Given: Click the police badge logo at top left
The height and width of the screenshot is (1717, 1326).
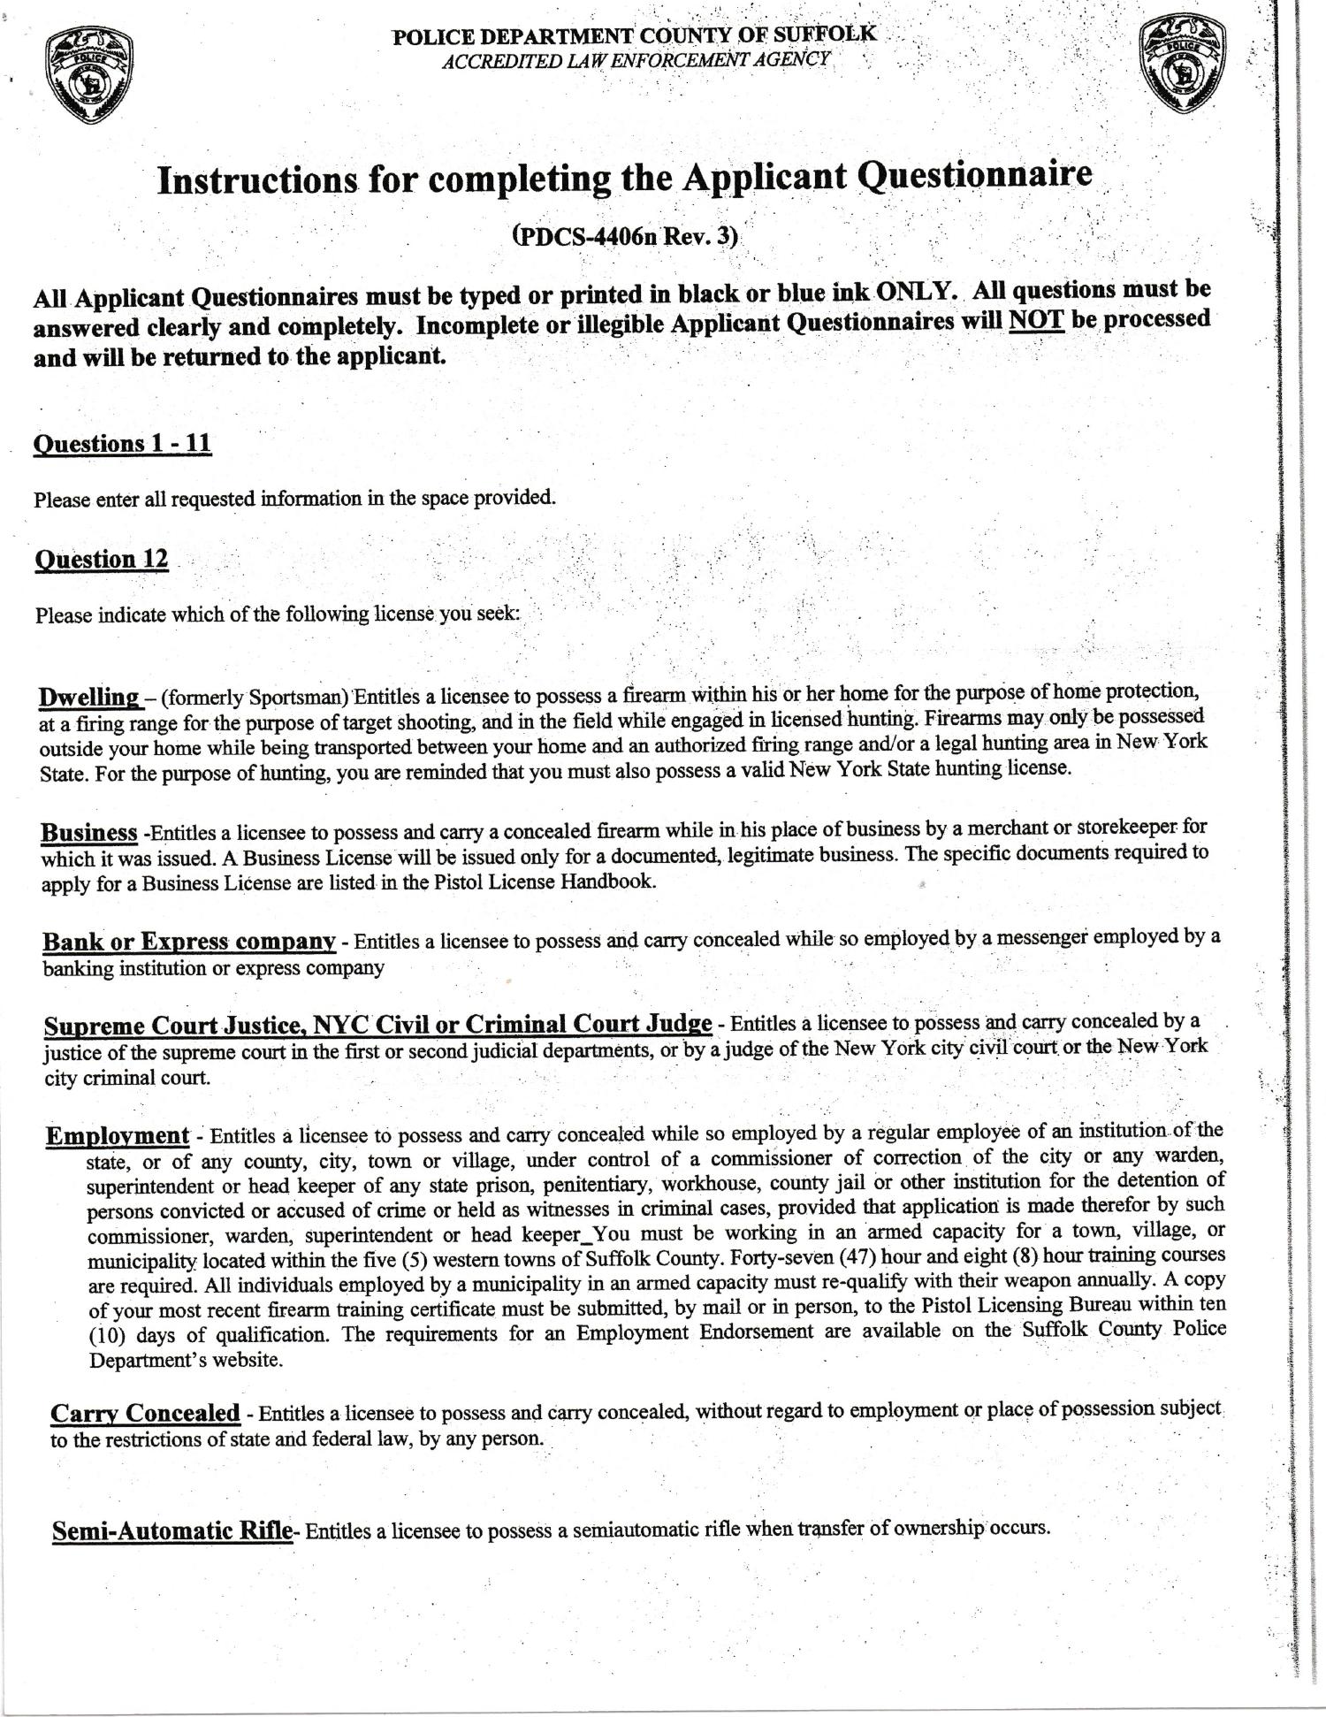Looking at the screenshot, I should tap(88, 78).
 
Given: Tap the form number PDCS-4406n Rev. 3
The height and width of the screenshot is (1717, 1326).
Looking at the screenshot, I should tap(625, 237).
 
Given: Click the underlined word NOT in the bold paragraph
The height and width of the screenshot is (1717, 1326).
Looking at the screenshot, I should tap(1035, 320).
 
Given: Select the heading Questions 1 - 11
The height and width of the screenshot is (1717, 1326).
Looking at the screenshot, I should tap(122, 443).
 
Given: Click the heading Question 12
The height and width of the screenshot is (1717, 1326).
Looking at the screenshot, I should tap(101, 560).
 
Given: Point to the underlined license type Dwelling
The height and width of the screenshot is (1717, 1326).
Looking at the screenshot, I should tap(90, 697).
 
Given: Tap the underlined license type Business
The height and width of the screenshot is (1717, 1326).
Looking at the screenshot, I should tap(88, 833).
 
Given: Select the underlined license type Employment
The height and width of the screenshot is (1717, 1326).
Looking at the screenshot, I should tap(117, 1135).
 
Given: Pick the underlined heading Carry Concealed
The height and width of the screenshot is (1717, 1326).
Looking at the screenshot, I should tap(144, 1413).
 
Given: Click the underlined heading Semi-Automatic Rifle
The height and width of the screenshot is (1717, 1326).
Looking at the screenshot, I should tap(171, 1530).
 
